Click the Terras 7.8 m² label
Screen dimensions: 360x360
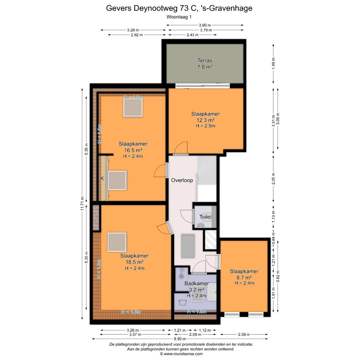(205, 64)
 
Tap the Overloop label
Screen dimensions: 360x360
(182, 180)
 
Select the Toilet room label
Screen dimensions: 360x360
(205, 217)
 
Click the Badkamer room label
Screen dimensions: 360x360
(196, 284)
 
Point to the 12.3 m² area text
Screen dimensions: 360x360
(205, 120)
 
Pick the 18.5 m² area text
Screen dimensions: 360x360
(134, 262)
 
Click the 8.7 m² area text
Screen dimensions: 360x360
(244, 277)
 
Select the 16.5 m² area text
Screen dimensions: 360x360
(133, 150)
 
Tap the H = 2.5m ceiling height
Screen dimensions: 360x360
(205, 126)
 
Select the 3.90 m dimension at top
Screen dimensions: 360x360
(205, 25)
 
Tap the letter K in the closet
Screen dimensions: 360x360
(102, 178)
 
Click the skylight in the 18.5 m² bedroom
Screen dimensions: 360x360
(117, 242)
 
